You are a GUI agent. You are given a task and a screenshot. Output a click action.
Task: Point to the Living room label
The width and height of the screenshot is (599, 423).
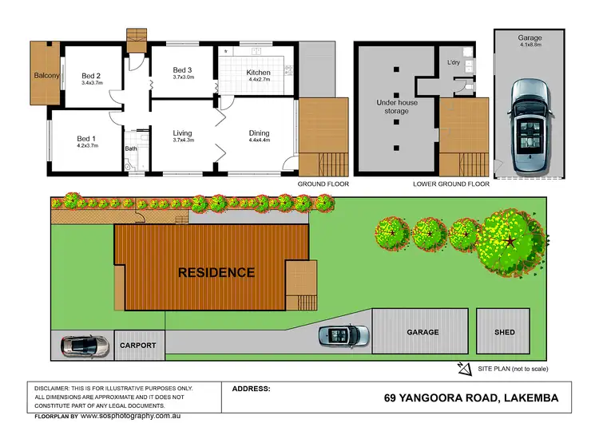[x=184, y=133]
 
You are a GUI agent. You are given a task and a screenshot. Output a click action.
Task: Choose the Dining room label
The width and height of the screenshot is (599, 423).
[x=259, y=133]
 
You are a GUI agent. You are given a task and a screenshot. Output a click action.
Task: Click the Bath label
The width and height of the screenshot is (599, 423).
[x=131, y=148]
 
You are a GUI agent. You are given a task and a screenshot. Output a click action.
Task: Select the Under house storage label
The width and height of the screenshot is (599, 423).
[x=398, y=107]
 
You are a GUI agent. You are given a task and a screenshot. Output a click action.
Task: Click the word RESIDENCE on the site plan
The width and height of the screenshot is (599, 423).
[x=216, y=272]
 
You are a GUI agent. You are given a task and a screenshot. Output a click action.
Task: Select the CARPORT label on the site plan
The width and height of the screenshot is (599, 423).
[x=138, y=346]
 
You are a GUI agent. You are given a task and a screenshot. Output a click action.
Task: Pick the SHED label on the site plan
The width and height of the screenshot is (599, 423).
[x=504, y=332]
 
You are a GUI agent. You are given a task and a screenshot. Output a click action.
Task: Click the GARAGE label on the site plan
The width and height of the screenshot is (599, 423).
[x=422, y=332]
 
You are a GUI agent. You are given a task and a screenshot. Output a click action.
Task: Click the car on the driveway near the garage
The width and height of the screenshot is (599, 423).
[x=344, y=334]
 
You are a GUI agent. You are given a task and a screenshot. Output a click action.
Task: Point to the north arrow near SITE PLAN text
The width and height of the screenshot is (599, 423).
[x=464, y=368]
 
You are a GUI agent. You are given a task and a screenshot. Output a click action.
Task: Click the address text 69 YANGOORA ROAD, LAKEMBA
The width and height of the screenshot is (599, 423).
[x=470, y=397]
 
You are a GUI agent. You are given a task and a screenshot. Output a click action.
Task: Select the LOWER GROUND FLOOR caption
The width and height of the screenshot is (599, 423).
[x=451, y=184]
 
